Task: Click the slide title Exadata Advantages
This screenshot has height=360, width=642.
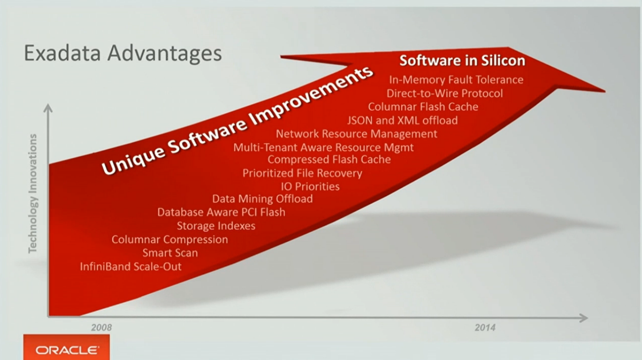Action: (123, 53)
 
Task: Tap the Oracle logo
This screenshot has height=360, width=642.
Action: (67, 350)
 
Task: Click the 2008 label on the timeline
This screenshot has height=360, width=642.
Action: (102, 327)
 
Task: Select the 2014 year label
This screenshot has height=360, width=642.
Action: (485, 327)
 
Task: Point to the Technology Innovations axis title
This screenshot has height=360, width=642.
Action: (32, 194)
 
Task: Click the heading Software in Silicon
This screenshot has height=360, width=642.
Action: (462, 60)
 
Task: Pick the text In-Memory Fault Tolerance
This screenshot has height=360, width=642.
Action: (456, 80)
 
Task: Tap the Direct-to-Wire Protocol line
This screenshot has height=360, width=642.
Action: (444, 93)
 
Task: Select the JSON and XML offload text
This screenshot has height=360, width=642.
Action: (402, 120)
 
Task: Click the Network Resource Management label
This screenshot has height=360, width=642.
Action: (356, 134)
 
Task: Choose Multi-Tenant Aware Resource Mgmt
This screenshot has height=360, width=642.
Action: (323, 147)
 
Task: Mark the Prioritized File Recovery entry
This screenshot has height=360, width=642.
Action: (302, 173)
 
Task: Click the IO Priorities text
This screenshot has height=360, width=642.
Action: (310, 186)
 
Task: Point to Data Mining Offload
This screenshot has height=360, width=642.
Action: (262, 199)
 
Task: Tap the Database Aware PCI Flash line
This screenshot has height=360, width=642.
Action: (221, 212)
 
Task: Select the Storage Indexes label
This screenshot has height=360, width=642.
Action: (216, 226)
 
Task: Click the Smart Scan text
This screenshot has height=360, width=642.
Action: (170, 253)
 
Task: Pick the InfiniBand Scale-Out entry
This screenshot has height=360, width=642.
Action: (131, 266)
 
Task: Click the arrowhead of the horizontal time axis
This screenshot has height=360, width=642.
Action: (584, 318)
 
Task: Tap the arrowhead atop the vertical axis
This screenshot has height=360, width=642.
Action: (48, 108)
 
